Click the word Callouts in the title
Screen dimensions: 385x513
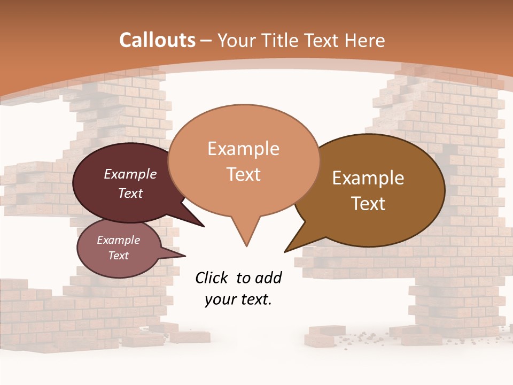pos(157,40)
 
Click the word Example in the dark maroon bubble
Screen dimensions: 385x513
pos(130,174)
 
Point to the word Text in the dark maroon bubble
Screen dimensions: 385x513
pos(130,193)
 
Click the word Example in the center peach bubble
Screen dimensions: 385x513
pos(243,149)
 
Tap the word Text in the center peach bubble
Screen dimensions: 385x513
pos(243,174)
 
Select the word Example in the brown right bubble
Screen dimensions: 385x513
pos(368,178)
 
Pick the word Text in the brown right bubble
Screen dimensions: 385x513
pos(368,204)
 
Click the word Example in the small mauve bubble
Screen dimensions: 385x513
pos(119,240)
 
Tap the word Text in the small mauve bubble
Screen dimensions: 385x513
pos(119,256)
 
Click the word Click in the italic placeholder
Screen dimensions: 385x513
pos(212,278)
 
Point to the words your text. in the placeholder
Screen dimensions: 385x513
pos(238,299)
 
